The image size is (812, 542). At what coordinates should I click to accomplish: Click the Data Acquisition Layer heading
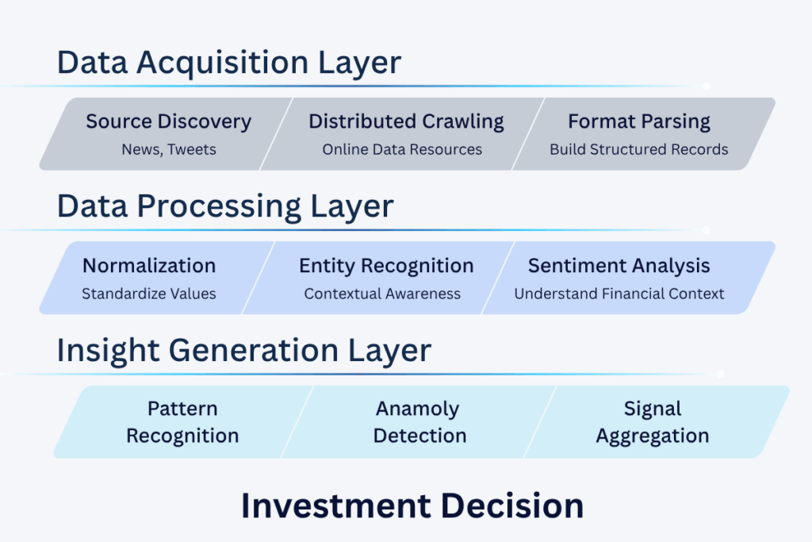[229, 63]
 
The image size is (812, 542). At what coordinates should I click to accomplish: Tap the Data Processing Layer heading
[225, 206]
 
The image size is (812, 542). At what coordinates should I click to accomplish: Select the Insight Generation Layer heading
[244, 350]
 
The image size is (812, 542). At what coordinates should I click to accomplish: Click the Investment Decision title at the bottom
[412, 505]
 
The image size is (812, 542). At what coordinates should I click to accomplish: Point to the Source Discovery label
[168, 121]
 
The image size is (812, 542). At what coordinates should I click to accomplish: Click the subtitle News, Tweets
[168, 149]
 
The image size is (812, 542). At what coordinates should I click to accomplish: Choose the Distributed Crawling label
[406, 121]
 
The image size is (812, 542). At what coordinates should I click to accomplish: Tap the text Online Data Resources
[402, 149]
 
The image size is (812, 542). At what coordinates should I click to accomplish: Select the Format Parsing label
[639, 121]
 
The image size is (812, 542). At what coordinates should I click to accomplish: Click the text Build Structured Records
[639, 149]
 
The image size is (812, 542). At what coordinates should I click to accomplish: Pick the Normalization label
[149, 265]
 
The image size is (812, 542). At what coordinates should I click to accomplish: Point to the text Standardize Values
[149, 294]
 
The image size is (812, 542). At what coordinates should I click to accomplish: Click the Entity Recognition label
[386, 265]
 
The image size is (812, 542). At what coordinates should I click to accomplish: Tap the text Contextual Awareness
[382, 294]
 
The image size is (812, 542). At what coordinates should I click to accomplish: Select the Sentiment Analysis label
[619, 265]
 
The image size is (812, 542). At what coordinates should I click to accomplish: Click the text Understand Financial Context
[619, 294]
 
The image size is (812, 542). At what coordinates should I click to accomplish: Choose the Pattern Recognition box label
[182, 422]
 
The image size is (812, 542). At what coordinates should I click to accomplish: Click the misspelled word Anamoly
[418, 409]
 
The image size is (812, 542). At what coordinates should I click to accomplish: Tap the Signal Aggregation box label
[653, 422]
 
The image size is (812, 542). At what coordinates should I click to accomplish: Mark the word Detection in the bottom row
[420, 436]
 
